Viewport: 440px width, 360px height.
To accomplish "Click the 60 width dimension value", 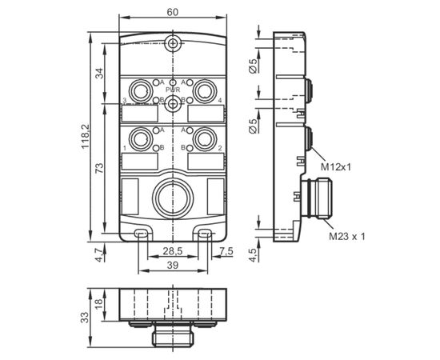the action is [x=173, y=12].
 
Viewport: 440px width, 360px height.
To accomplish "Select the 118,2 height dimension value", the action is [x=85, y=137].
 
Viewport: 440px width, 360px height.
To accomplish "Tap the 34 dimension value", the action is [x=100, y=74].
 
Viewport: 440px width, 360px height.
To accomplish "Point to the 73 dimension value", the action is [x=100, y=168].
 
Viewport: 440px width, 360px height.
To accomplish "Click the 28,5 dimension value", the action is [x=173, y=251].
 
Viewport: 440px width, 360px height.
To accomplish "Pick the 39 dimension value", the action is [x=173, y=265].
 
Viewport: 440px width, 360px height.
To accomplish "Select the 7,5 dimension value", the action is [x=226, y=251].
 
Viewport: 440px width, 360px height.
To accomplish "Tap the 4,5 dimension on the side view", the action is [x=253, y=255].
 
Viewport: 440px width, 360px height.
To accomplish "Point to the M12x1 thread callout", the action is [x=336, y=167].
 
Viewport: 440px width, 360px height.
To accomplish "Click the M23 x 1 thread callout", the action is [x=347, y=237].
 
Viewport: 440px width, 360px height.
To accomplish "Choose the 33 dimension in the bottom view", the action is [x=85, y=318].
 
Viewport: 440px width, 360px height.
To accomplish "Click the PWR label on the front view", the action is [x=173, y=90].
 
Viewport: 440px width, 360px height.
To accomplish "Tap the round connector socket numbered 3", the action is [x=140, y=91].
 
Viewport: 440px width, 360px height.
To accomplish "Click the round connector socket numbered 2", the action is [x=205, y=138].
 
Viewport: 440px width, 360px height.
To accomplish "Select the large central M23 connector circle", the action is [x=173, y=198].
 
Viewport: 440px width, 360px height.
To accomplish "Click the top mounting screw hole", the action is [x=173, y=43].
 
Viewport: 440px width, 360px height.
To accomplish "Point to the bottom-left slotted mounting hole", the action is [x=140, y=233].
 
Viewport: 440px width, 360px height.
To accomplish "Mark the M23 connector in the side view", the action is [x=317, y=198].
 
